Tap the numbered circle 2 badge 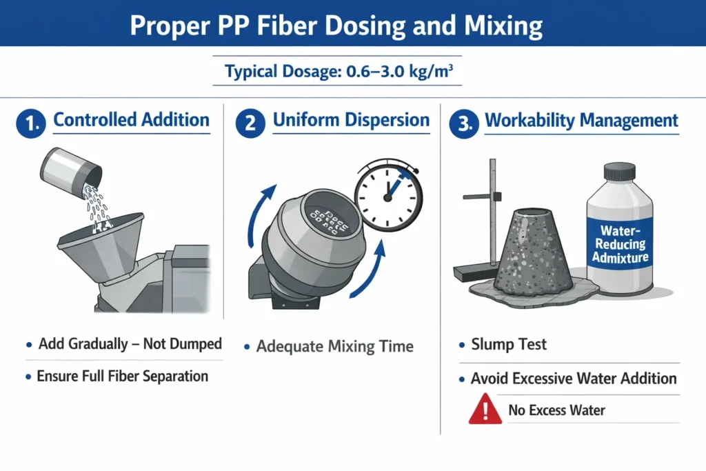click(x=250, y=123)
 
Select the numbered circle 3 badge click(x=464, y=123)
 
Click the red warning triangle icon click(x=485, y=409)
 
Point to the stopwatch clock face click(x=388, y=197)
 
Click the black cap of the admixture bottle click(x=620, y=172)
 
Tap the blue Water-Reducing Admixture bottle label click(x=620, y=243)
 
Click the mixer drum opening click(x=326, y=219)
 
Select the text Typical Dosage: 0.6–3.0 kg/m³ click(x=339, y=71)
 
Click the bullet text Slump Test click(x=509, y=345)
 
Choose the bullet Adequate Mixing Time click(x=334, y=346)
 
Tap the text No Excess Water click(x=556, y=410)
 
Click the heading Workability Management click(x=581, y=120)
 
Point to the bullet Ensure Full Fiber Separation click(x=123, y=376)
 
